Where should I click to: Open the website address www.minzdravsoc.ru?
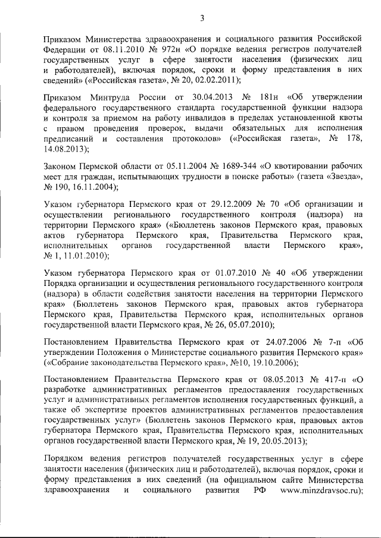[321, 491]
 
